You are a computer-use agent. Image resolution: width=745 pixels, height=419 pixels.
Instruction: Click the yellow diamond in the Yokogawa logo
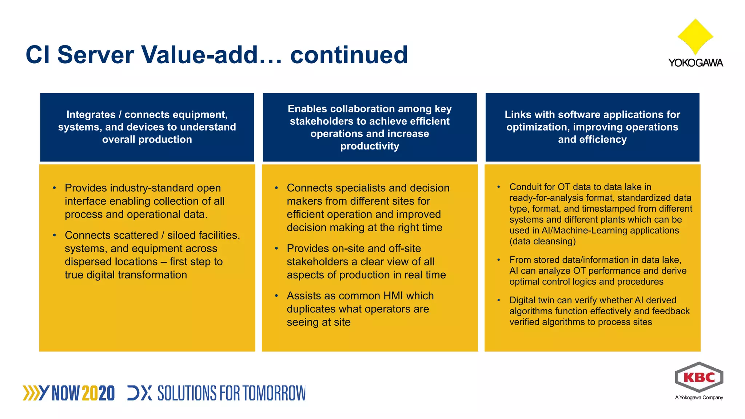(695, 36)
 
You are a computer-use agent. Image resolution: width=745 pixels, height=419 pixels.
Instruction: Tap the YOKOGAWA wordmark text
(695, 63)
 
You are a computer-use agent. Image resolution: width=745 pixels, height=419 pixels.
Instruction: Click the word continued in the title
(349, 55)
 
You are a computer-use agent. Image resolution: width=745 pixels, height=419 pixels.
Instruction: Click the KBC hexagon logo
(699, 377)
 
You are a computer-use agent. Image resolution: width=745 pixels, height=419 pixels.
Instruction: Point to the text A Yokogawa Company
(699, 398)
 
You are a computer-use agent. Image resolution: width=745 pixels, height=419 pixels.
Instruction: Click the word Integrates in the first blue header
(91, 115)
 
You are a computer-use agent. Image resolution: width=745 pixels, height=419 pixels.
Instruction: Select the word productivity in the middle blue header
(370, 146)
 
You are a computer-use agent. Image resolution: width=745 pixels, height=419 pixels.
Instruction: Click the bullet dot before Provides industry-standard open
(55, 188)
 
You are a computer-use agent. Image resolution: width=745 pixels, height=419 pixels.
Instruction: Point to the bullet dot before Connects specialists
(276, 188)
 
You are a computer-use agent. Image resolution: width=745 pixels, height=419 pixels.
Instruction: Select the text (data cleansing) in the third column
(542, 242)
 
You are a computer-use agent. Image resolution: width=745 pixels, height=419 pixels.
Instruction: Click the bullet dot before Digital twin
(499, 300)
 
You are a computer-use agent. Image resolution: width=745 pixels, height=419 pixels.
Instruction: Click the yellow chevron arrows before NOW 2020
(31, 393)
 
